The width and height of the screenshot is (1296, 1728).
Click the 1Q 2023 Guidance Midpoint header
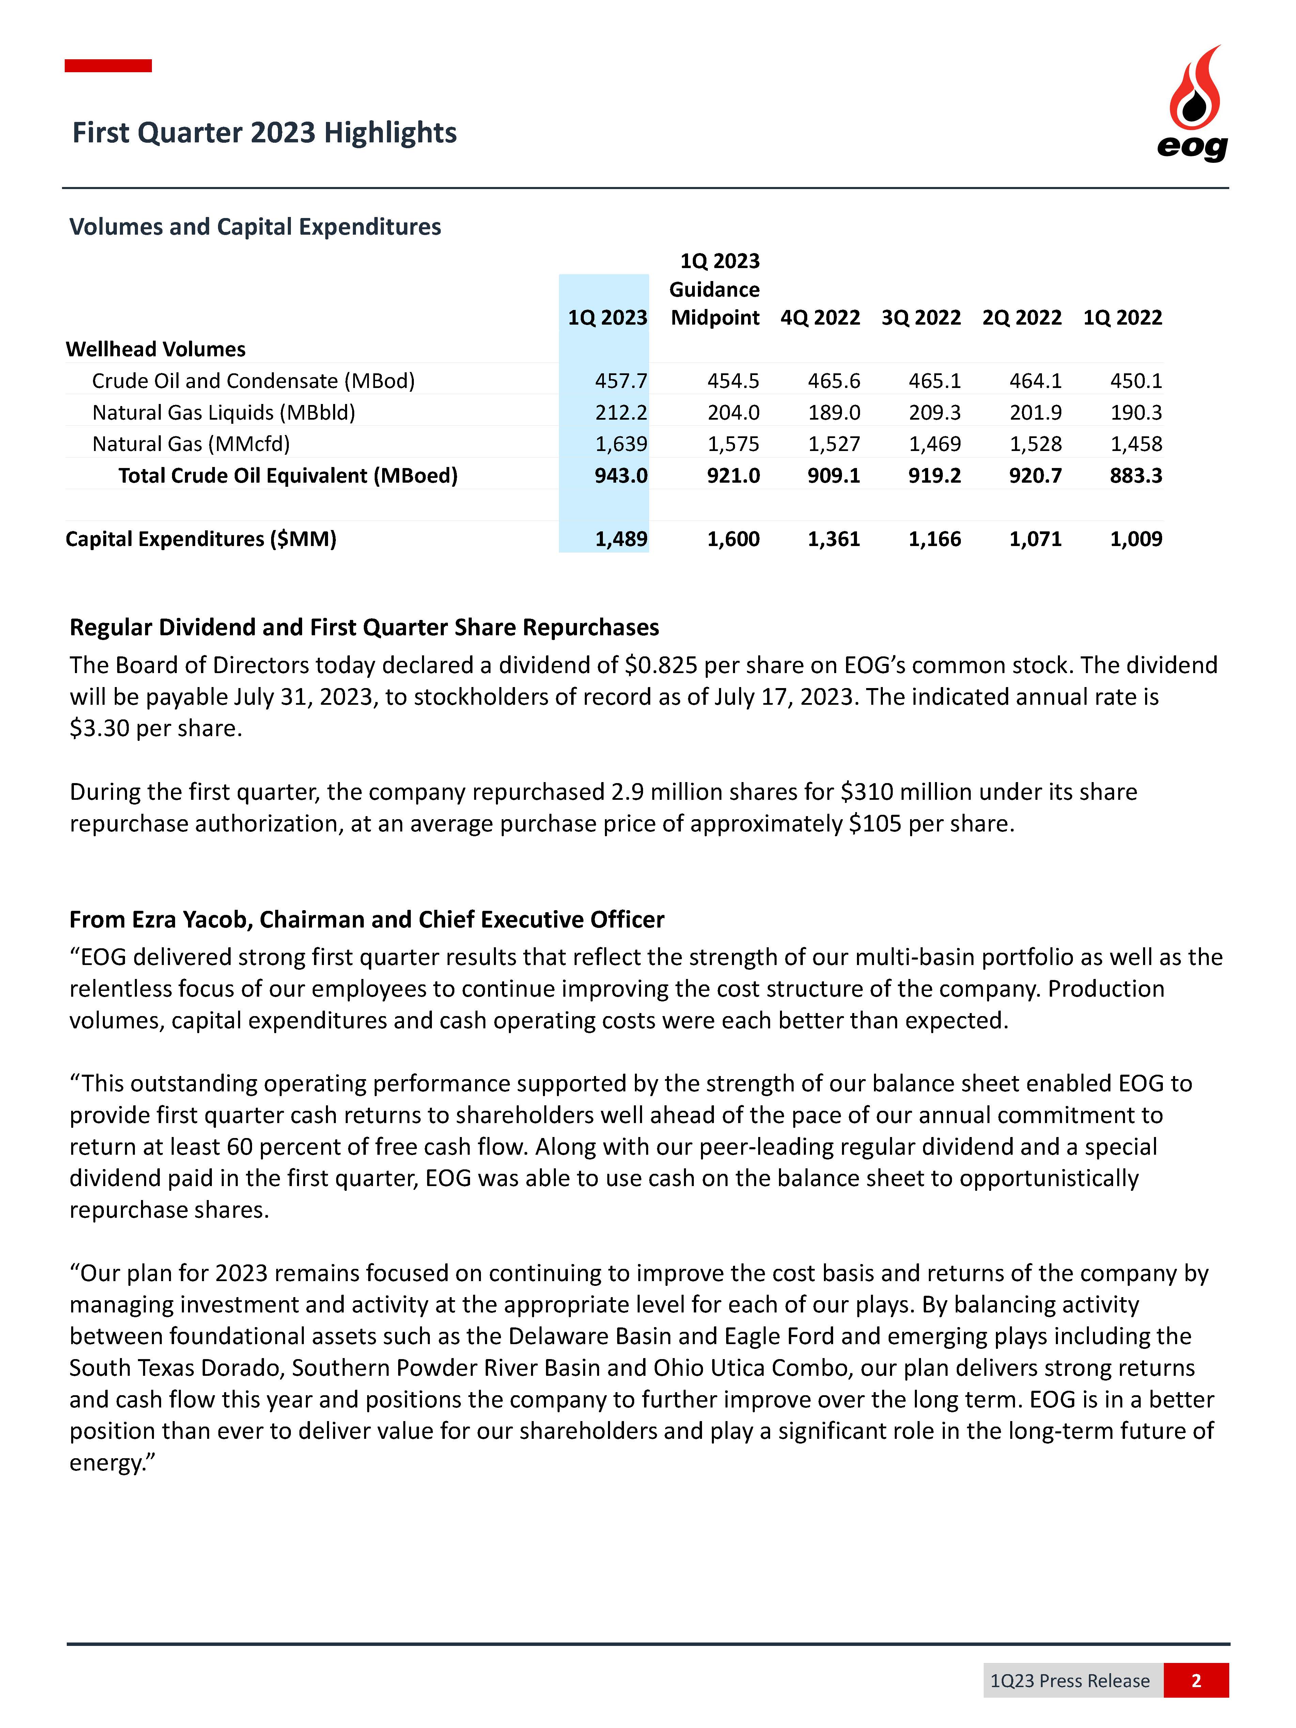pyautogui.click(x=715, y=290)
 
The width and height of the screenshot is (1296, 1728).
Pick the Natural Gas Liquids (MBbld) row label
pyautogui.click(x=223, y=412)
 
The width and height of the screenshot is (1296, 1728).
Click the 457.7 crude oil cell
pyautogui.click(x=621, y=381)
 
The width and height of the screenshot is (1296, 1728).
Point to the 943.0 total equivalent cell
pyautogui.click(x=621, y=476)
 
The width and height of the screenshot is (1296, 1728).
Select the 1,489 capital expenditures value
pyautogui.click(x=621, y=539)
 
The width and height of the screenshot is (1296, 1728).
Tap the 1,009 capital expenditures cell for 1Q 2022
pyautogui.click(x=1136, y=539)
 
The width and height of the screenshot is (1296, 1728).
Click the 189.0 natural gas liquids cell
pyautogui.click(x=834, y=412)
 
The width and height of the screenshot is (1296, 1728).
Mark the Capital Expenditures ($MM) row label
pyautogui.click(x=201, y=539)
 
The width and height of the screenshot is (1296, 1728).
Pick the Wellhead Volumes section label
pyautogui.click(x=155, y=349)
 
